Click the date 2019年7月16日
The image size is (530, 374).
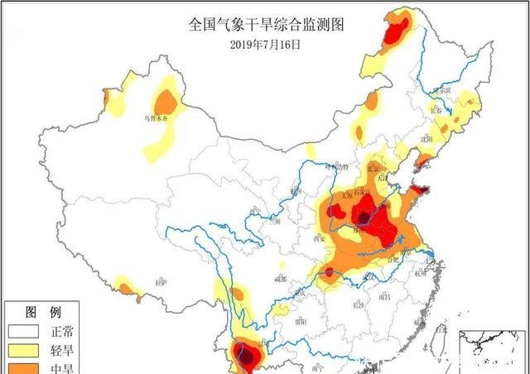pyautogui.click(x=264, y=44)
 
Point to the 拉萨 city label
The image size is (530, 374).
pyautogui.click(x=161, y=281)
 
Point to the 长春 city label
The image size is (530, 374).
pyautogui.click(x=439, y=108)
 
